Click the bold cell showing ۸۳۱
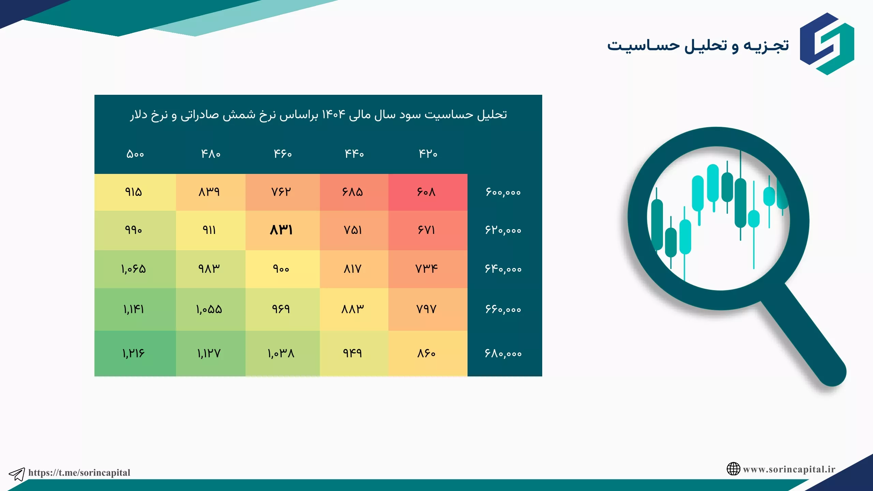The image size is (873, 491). [x=281, y=230]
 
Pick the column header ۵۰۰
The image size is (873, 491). [x=135, y=154]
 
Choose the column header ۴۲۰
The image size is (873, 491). [x=428, y=154]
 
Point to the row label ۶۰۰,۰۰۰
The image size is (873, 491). [x=503, y=192]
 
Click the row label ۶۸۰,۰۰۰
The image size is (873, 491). [x=503, y=353]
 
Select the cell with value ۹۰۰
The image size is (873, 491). [x=281, y=269]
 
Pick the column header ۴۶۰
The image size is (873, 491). [x=283, y=154]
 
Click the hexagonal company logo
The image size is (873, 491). [x=827, y=44]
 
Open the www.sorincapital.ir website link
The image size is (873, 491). [x=789, y=470]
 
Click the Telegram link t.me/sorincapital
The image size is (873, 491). [x=79, y=473]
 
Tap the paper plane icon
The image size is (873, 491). [x=17, y=474]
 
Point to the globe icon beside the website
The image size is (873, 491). [x=733, y=469]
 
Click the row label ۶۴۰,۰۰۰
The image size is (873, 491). [x=503, y=269]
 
